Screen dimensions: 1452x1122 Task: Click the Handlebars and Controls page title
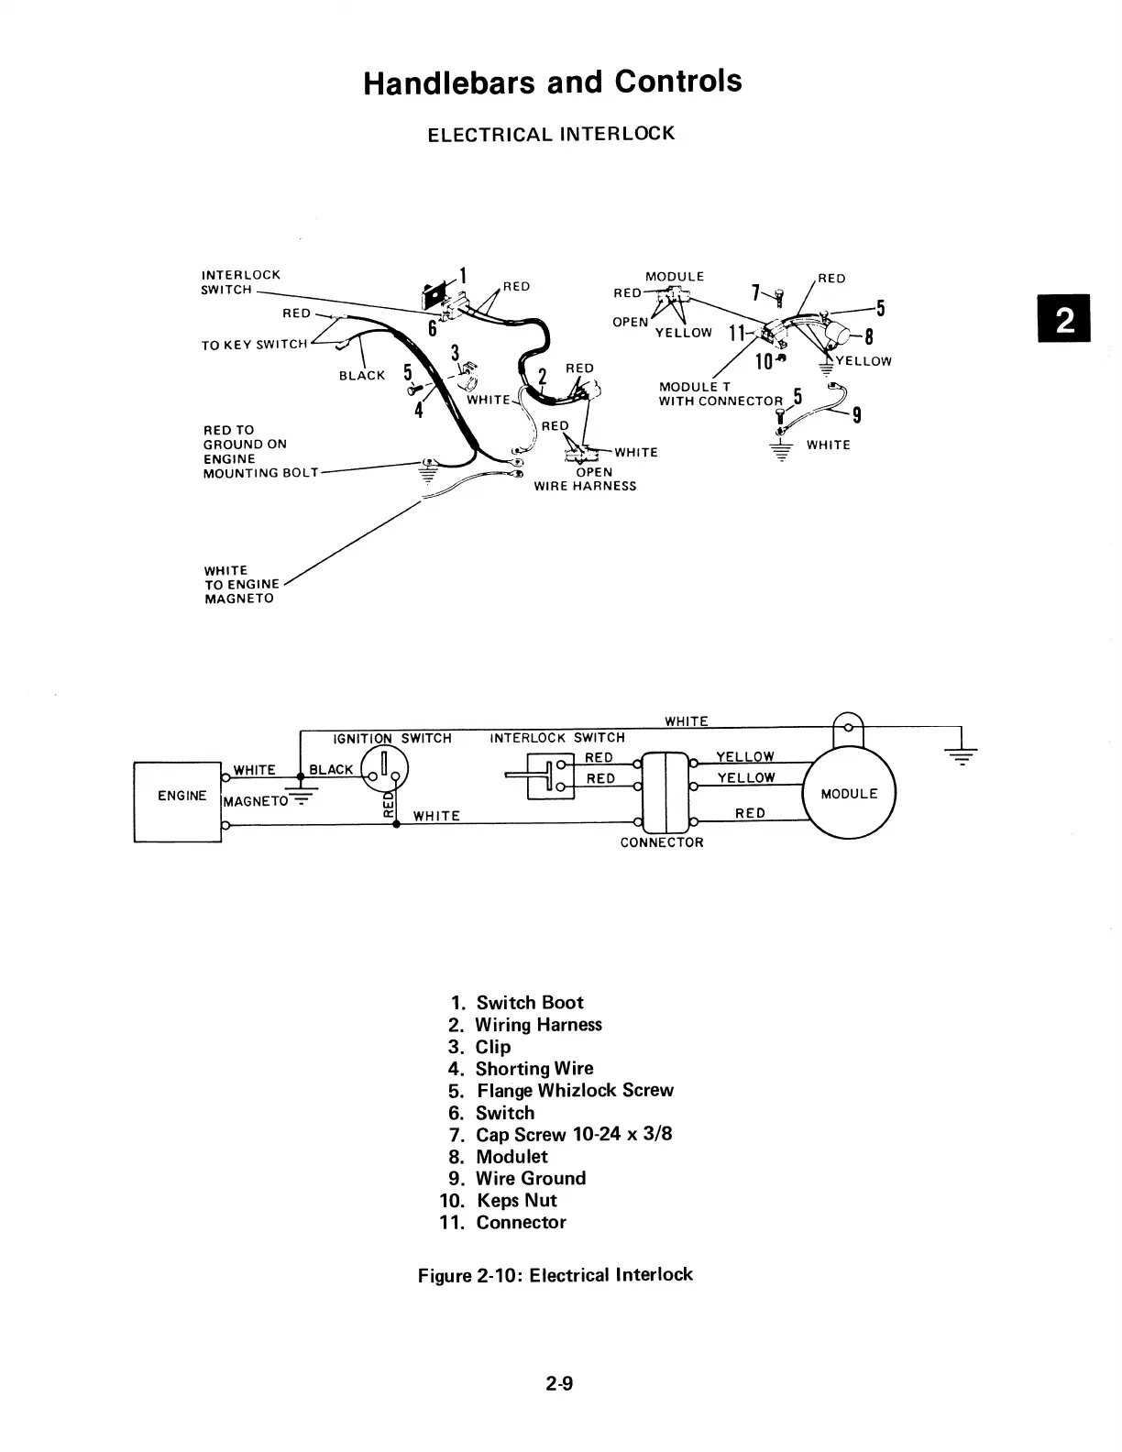pyautogui.click(x=552, y=82)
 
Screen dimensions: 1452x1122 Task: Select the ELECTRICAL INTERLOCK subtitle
pyautogui.click(x=551, y=134)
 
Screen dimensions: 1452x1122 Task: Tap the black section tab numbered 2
pyautogui.click(x=1064, y=318)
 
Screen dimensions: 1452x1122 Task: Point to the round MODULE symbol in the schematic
pyautogui.click(x=849, y=794)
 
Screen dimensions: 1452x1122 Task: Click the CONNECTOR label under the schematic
pyautogui.click(x=661, y=842)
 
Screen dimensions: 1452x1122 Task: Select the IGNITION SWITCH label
pyautogui.click(x=391, y=738)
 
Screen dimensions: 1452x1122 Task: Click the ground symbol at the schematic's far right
pyautogui.click(x=960, y=754)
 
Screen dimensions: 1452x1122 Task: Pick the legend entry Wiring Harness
pyautogui.click(x=538, y=1025)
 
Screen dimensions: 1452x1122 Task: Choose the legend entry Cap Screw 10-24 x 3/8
pyautogui.click(x=573, y=1134)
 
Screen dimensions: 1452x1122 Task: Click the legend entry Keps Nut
pyautogui.click(x=516, y=1200)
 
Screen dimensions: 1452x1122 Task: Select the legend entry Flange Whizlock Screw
pyautogui.click(x=575, y=1091)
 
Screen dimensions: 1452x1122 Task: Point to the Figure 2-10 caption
pyautogui.click(x=555, y=1275)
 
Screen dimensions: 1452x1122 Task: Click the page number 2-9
pyautogui.click(x=558, y=1384)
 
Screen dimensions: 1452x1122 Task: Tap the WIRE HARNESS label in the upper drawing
pyautogui.click(x=585, y=486)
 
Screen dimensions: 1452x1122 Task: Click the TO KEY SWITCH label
pyautogui.click(x=254, y=345)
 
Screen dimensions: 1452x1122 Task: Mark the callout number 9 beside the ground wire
pyautogui.click(x=855, y=416)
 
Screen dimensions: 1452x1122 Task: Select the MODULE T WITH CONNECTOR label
pyautogui.click(x=720, y=394)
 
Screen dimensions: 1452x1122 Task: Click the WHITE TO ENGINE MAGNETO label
pyautogui.click(x=241, y=584)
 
